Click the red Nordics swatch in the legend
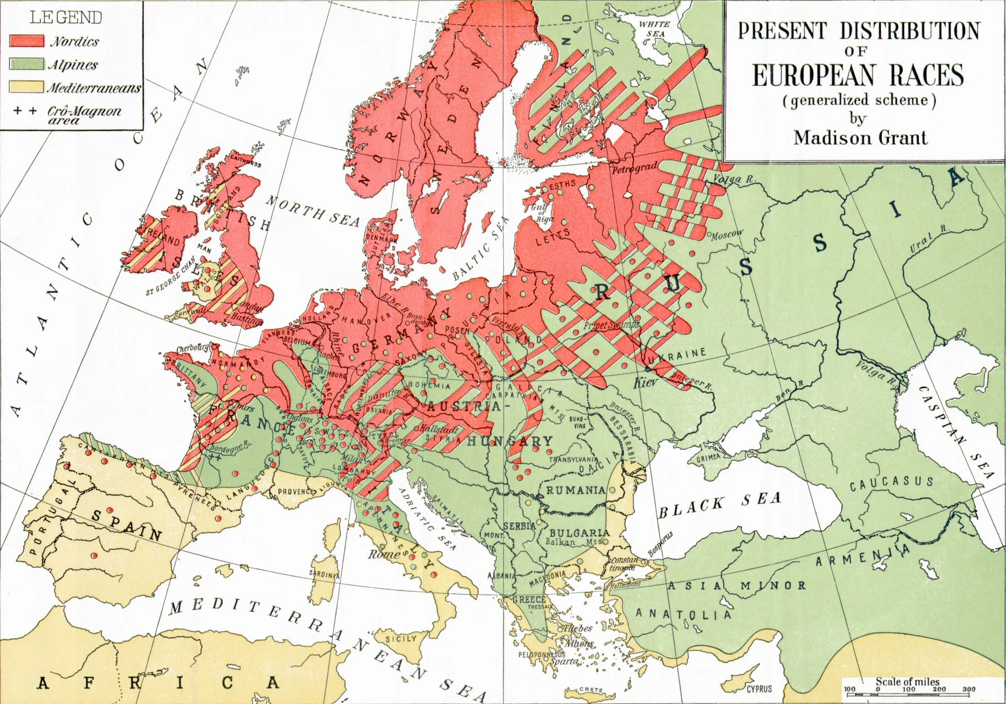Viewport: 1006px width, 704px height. pyautogui.click(x=27, y=41)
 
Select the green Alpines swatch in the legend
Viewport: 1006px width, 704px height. pyautogui.click(x=27, y=64)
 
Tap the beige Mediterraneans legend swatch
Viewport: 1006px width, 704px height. pyautogui.click(x=27, y=87)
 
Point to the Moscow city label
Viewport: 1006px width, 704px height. pyautogui.click(x=727, y=234)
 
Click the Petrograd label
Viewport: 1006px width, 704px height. pyautogui.click(x=635, y=169)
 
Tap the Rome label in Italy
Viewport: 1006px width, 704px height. pyautogui.click(x=384, y=554)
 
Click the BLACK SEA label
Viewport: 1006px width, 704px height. pyautogui.click(x=719, y=504)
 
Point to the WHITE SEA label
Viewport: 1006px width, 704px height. pyautogui.click(x=654, y=29)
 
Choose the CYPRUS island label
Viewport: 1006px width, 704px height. pyautogui.click(x=759, y=689)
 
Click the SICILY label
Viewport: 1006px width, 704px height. pyautogui.click(x=401, y=639)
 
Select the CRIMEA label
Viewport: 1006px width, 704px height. pyautogui.click(x=708, y=458)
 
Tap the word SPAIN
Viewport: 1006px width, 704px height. pyautogui.click(x=127, y=525)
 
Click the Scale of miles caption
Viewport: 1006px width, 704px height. pyautogui.click(x=907, y=681)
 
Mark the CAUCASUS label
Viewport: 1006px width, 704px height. pyautogui.click(x=891, y=483)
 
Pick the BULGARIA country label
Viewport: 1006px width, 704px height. pyautogui.click(x=580, y=533)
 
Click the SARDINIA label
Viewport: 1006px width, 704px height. pyautogui.click(x=324, y=574)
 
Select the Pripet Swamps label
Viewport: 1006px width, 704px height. pyautogui.click(x=611, y=325)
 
